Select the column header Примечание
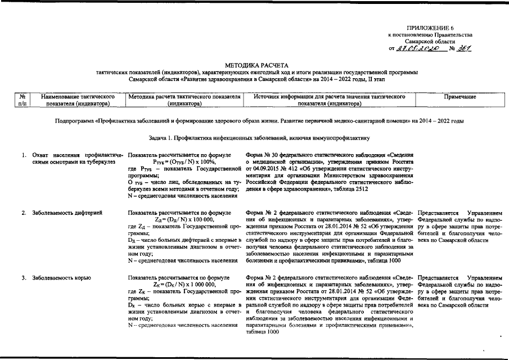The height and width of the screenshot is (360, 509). click(460, 97)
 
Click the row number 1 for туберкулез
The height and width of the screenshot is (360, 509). click(24, 155)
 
